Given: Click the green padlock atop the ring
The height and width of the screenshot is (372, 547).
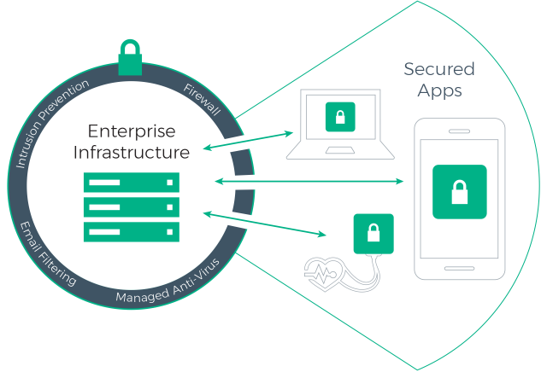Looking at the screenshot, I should click(130, 57).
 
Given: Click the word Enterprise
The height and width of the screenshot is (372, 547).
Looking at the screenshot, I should click(131, 132).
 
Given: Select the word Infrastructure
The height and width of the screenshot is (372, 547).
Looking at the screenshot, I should click(131, 153).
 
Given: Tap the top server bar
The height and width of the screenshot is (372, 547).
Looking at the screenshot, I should click(131, 182).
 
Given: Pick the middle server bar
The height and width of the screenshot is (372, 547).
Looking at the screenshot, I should click(131, 206).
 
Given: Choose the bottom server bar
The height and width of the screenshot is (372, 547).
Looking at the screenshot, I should click(131, 231).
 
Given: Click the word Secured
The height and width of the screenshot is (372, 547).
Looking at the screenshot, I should click(438, 69).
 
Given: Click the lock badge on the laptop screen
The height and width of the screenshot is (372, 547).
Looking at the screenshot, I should click(340, 117).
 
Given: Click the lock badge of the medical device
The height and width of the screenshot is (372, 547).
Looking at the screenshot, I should click(373, 234).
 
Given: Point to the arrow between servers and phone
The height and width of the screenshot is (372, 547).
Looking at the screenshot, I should click(309, 181).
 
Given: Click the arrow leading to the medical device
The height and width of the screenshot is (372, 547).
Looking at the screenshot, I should click(265, 224).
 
